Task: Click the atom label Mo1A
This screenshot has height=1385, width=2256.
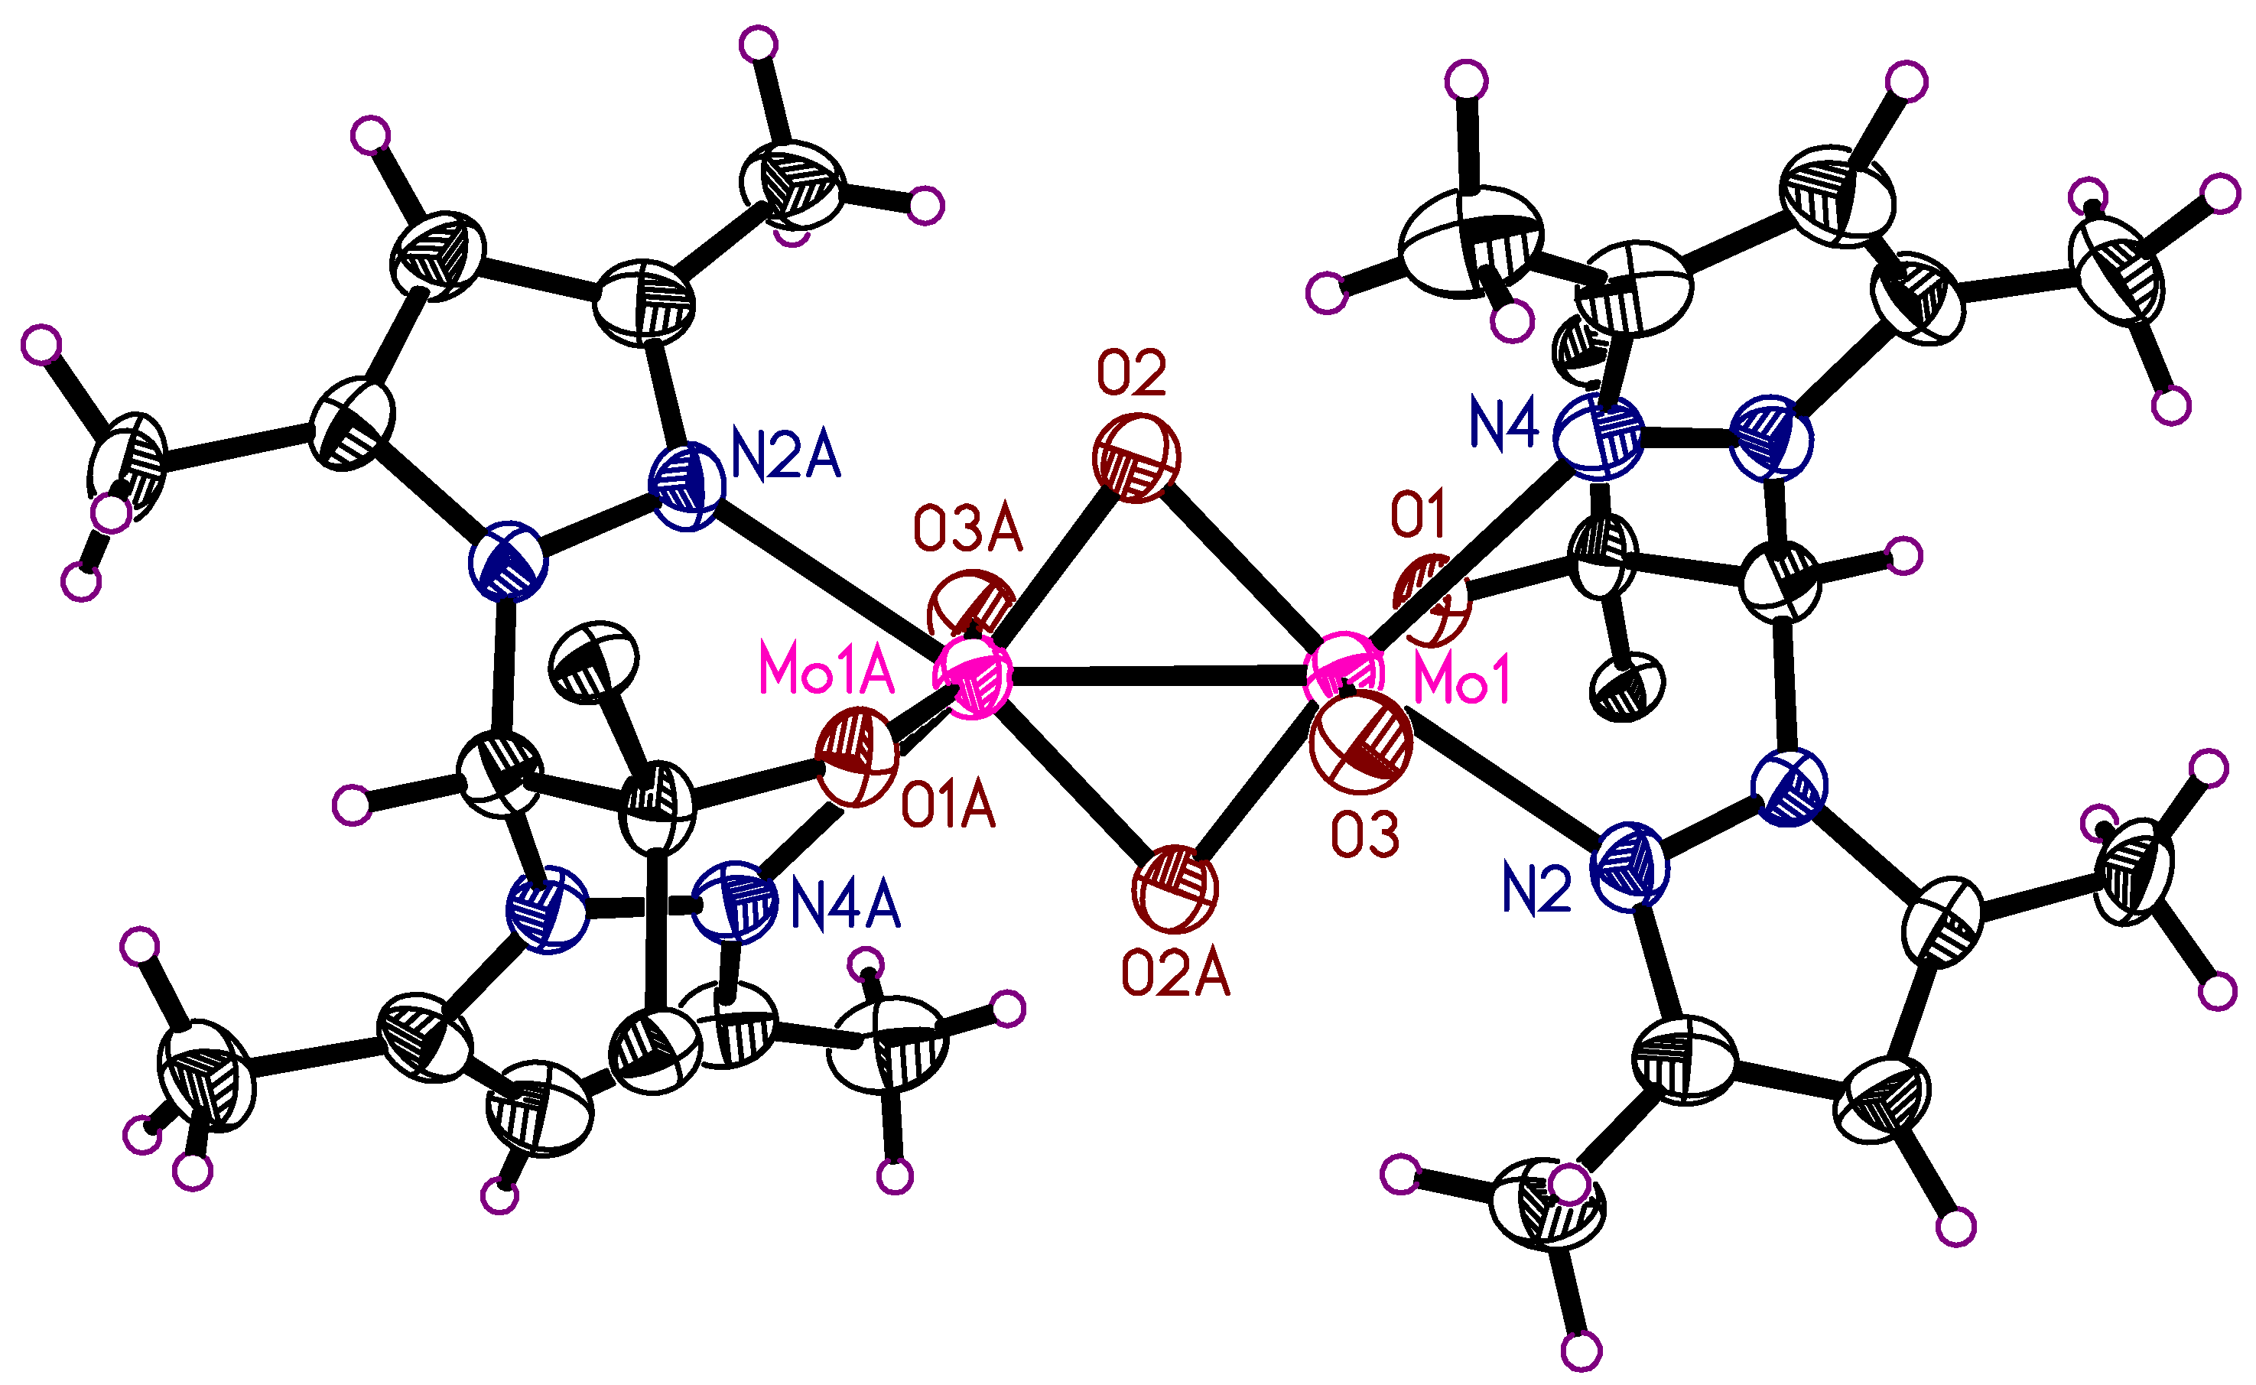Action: point(826,671)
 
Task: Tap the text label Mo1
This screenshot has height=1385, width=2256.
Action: point(1462,681)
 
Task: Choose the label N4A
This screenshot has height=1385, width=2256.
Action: point(844,906)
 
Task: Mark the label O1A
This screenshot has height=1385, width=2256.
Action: point(948,808)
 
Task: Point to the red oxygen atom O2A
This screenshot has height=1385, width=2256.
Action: point(1175,889)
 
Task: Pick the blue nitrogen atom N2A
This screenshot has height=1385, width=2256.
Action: point(687,486)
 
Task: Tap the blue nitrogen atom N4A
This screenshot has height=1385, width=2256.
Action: point(735,902)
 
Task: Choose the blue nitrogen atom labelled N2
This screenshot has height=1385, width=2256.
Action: point(1631,866)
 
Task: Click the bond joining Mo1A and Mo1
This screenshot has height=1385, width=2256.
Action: point(1159,677)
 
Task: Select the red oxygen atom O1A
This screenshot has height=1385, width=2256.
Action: point(857,756)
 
